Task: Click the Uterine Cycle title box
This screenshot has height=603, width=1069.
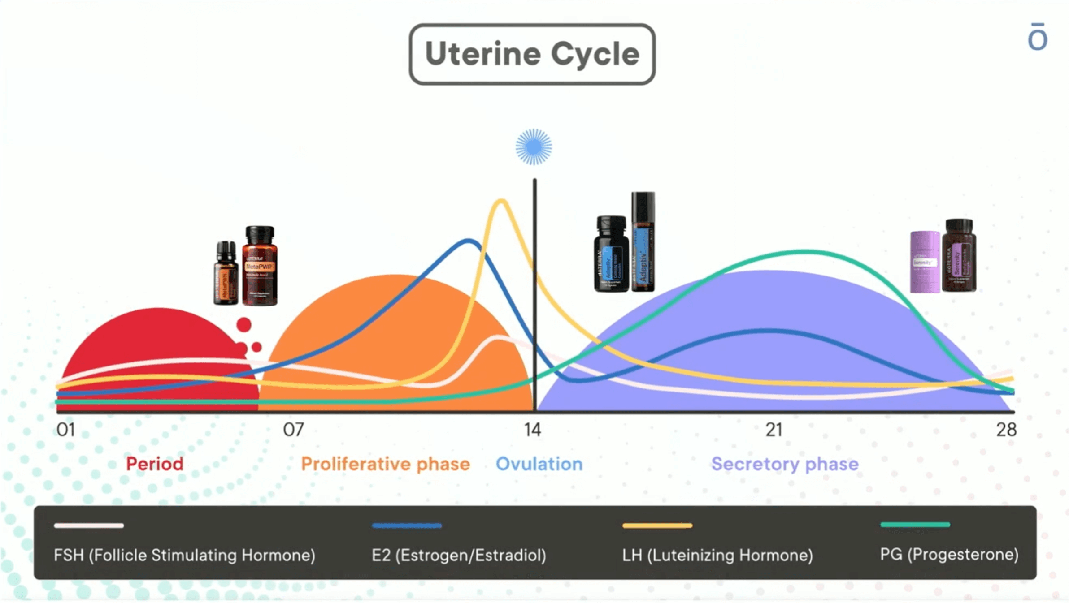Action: pos(532,54)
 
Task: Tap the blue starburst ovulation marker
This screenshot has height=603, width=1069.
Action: pos(534,147)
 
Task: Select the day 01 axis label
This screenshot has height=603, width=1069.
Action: pos(65,430)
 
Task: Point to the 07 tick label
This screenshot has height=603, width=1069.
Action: pos(294,430)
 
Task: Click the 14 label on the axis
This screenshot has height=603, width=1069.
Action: pos(533,430)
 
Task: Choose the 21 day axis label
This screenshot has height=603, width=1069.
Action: pos(774,430)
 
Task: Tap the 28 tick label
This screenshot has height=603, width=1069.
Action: pos(1006,430)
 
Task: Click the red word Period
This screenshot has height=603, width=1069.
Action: pos(155,464)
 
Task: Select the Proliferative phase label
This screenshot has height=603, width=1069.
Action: pos(385,464)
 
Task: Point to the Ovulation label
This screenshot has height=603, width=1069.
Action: pos(539,464)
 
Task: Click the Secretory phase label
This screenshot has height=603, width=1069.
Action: pos(785,464)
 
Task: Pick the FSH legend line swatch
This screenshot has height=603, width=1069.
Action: pos(89,525)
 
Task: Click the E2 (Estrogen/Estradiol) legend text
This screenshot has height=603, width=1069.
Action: pos(459,555)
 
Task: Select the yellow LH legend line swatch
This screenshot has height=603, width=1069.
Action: pos(657,525)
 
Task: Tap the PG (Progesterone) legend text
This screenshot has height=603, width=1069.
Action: pos(949,555)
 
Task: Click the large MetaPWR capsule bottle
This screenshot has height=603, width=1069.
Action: pos(260,266)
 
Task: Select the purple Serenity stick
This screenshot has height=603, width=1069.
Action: pos(925,262)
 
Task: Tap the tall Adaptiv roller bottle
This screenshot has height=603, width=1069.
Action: pos(643,242)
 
